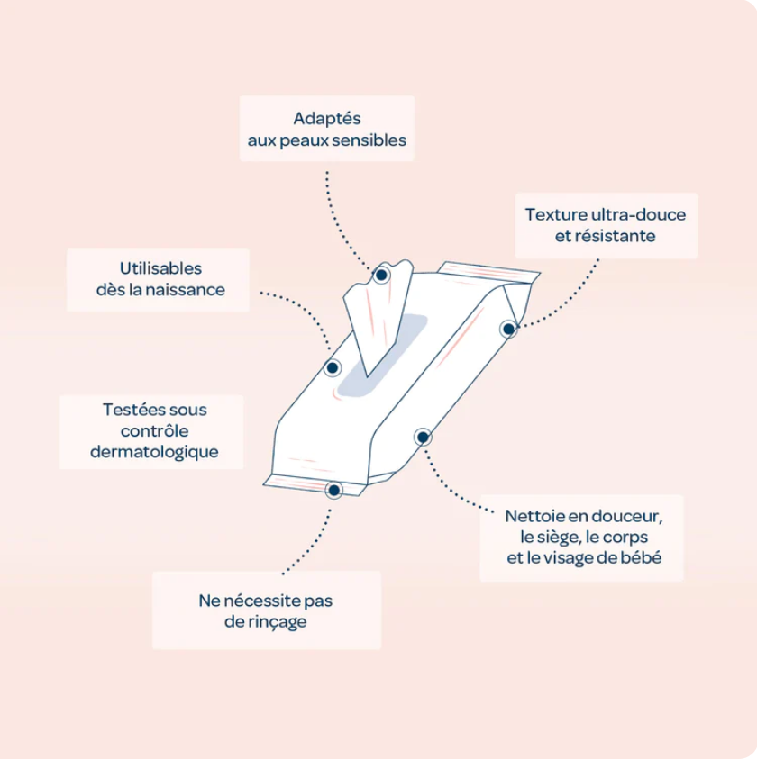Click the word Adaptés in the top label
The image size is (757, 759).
(x=326, y=119)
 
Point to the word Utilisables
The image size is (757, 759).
(x=160, y=268)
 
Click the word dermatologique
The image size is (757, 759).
(x=154, y=452)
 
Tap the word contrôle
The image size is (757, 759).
(x=154, y=430)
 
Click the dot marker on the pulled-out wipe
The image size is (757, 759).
(x=381, y=275)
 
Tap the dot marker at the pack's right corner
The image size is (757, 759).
(x=508, y=330)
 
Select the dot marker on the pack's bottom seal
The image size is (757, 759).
(x=334, y=491)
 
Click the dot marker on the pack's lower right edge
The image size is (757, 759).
(x=423, y=437)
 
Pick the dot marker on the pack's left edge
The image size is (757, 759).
(x=332, y=368)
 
